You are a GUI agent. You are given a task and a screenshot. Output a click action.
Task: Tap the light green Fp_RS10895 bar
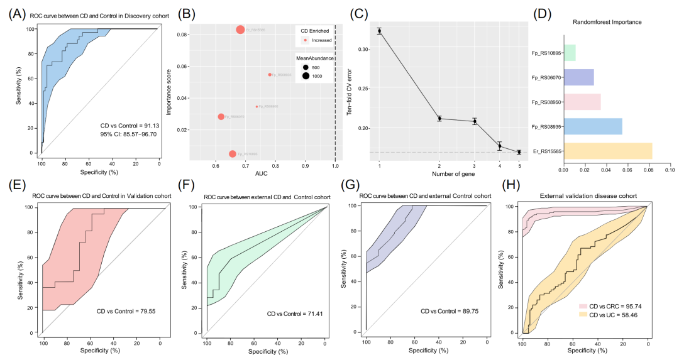point(569,53)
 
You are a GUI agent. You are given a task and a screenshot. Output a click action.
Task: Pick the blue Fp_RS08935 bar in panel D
point(592,126)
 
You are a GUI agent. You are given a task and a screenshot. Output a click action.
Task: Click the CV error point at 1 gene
point(379,30)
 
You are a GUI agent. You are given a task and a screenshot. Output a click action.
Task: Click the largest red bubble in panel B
point(240,30)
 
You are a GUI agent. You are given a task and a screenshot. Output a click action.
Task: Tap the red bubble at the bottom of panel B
point(233,154)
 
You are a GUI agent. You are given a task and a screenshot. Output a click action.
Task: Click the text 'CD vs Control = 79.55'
point(130,311)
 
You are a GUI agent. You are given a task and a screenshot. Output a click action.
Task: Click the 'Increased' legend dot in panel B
point(306,40)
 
